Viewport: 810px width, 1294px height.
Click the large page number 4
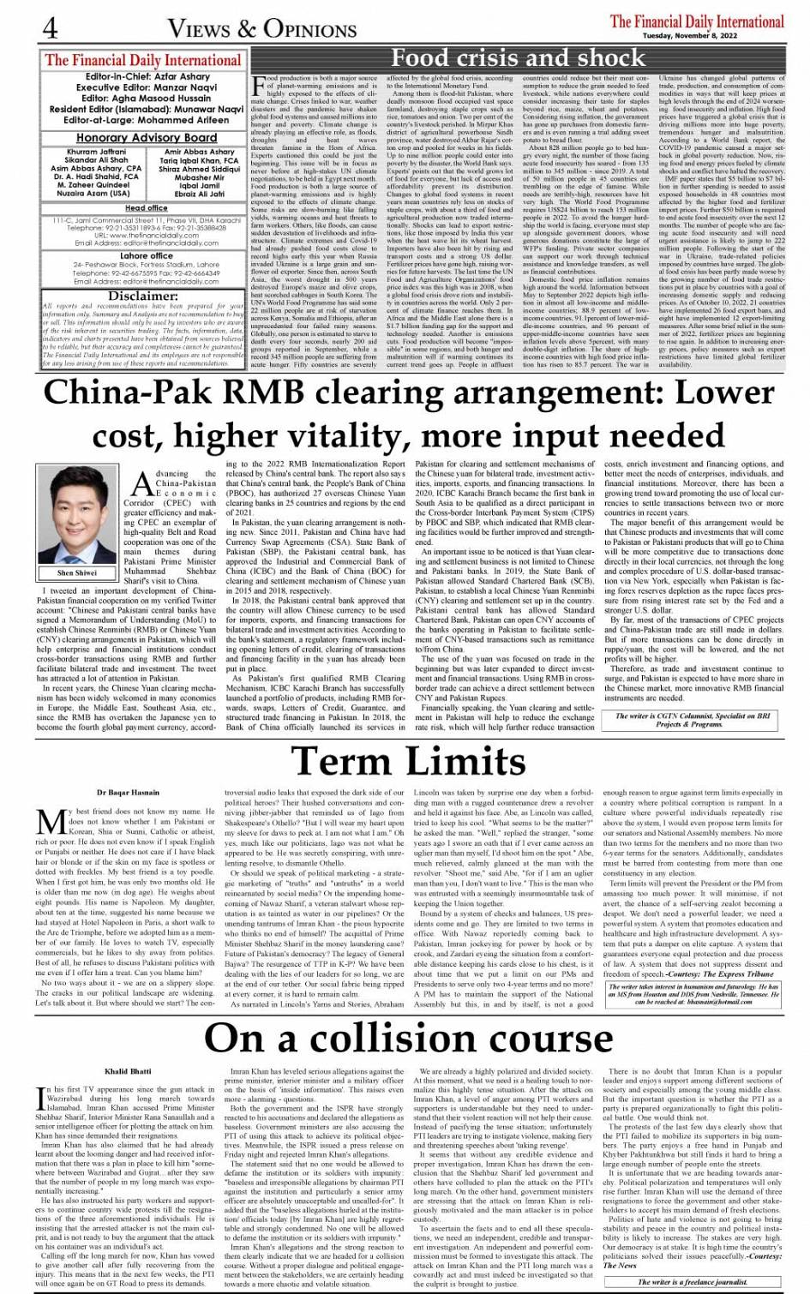coord(51,28)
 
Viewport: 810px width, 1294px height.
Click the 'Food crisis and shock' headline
coord(517,58)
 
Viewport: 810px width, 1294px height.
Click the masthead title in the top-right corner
coord(696,21)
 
